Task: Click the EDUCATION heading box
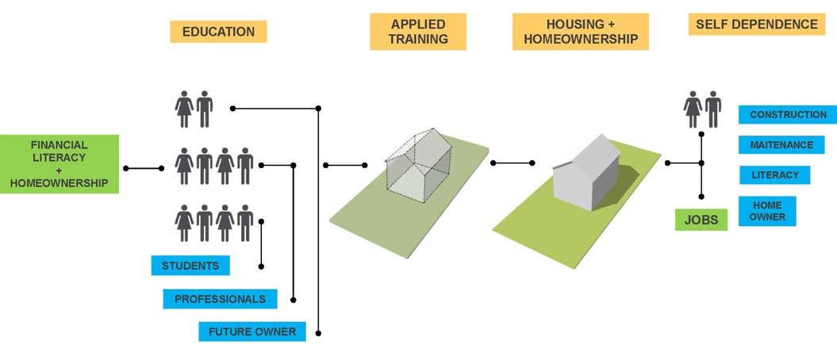[218, 32]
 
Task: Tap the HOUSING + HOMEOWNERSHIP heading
[580, 32]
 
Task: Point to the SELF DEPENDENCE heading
[756, 25]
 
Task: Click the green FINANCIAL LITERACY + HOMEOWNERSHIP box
[60, 165]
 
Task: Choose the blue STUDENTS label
[190, 265]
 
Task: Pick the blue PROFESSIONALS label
[220, 299]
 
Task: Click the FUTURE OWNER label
[251, 331]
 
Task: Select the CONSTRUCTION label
[787, 115]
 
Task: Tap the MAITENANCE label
[781, 145]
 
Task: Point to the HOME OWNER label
[766, 211]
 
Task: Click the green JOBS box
[701, 220]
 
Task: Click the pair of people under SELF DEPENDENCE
[702, 109]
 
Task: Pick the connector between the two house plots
[513, 163]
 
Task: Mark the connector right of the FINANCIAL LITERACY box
[143, 168]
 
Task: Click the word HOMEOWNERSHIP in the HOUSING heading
[580, 40]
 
